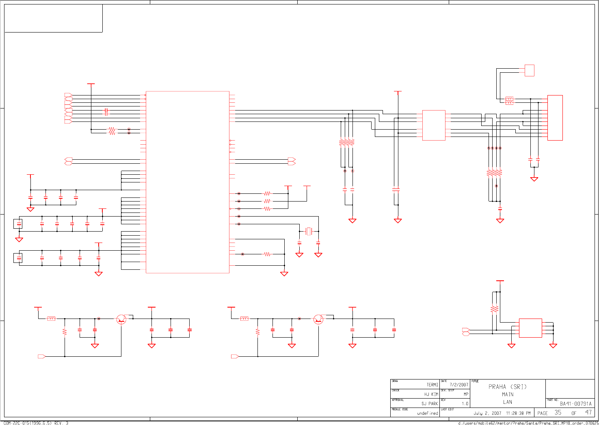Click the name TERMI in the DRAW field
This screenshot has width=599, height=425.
click(x=432, y=385)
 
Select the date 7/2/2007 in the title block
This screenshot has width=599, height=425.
click(x=458, y=385)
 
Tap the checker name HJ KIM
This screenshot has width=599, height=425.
click(x=431, y=394)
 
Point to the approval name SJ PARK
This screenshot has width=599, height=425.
click(x=430, y=403)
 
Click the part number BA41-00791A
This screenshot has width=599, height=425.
click(x=575, y=404)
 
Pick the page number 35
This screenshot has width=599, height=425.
click(x=558, y=412)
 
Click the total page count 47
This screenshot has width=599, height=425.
click(x=588, y=412)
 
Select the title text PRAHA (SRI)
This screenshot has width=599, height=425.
click(x=507, y=387)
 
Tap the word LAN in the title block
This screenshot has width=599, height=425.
click(x=508, y=402)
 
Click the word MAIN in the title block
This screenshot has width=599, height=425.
click(x=508, y=395)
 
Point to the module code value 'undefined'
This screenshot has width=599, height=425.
click(x=427, y=413)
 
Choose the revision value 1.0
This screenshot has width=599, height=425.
click(x=465, y=404)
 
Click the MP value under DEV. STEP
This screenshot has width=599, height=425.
click(x=466, y=394)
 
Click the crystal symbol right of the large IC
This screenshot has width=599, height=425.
click(x=309, y=231)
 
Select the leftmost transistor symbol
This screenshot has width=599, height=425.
click(x=121, y=319)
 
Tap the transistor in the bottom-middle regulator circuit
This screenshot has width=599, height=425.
click(x=318, y=319)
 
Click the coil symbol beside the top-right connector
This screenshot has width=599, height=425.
click(x=509, y=100)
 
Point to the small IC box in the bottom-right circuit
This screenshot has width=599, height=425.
click(x=530, y=328)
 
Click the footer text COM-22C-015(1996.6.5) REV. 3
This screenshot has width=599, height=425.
click(x=36, y=423)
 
